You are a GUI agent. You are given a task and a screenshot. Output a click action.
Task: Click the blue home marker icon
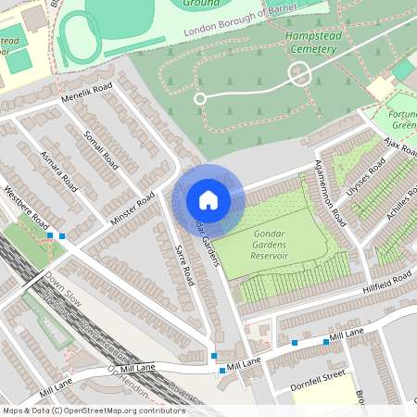coord(208,199)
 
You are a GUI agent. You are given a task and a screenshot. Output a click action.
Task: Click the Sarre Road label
coord(184,264)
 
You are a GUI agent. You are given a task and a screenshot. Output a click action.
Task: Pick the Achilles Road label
coord(398,214)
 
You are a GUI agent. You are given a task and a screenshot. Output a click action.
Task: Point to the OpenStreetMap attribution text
coord(94,411)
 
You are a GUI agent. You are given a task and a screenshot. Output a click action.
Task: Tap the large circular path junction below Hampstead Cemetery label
coord(299,74)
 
